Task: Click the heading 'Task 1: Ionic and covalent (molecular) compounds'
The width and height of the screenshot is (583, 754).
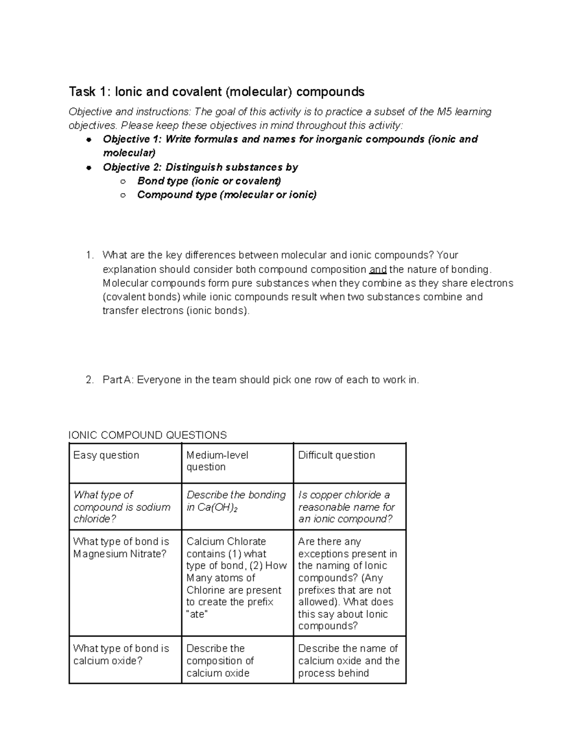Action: [x=216, y=92]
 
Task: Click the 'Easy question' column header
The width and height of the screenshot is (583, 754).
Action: [x=106, y=455]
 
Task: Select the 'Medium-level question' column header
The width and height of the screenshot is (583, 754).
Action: [x=217, y=461]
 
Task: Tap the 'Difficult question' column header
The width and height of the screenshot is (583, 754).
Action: [x=336, y=455]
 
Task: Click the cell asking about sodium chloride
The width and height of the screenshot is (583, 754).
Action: [x=122, y=507]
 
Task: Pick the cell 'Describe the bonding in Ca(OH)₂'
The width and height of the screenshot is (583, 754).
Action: [x=236, y=501]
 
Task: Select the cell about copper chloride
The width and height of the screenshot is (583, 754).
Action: [x=346, y=507]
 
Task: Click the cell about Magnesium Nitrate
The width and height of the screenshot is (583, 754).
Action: [x=121, y=548]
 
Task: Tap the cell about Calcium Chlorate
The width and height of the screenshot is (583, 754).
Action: [x=236, y=577]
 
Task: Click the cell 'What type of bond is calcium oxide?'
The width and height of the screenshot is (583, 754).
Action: [x=121, y=654]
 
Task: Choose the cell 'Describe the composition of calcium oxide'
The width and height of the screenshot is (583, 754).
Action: [x=220, y=661]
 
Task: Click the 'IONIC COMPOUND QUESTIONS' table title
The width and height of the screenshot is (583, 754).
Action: [x=148, y=435]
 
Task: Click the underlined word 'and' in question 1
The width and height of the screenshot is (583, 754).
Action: [x=378, y=269]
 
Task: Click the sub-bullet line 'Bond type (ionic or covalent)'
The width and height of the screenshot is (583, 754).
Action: [x=209, y=181]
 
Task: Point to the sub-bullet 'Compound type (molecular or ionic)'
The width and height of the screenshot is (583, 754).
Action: [x=226, y=195]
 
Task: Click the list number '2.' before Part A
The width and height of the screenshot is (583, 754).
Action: [x=89, y=380]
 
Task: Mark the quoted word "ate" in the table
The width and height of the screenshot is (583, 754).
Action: [x=197, y=614]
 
